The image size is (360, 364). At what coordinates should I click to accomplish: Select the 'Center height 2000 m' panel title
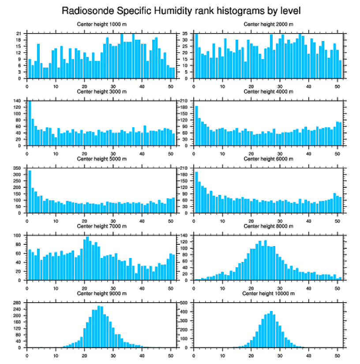[x=268, y=24]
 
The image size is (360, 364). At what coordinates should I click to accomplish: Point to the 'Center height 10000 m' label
[x=268, y=293]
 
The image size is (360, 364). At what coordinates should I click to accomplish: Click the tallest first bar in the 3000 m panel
[x=30, y=124]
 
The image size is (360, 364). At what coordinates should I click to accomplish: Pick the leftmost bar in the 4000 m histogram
[x=196, y=126]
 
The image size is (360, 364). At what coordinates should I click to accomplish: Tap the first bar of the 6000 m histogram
[x=196, y=193]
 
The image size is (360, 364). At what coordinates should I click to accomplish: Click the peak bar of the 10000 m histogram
[x=271, y=329]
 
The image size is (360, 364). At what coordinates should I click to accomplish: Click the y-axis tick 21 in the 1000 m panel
[x=19, y=33]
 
